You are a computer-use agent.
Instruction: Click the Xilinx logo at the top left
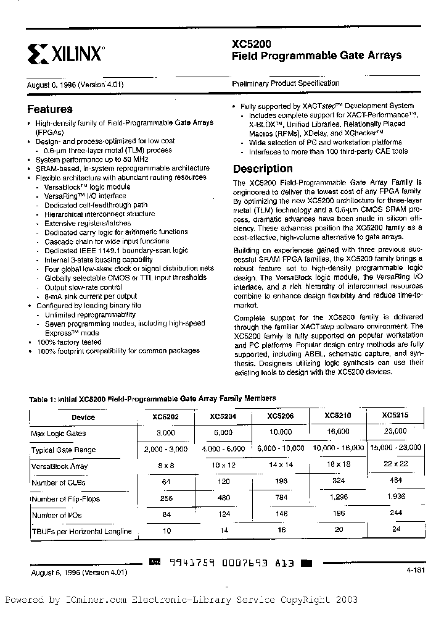click(x=64, y=54)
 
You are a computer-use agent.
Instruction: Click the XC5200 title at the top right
click(x=251, y=44)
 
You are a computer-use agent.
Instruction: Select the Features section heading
click(x=50, y=109)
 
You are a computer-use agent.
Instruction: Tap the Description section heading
click(x=263, y=169)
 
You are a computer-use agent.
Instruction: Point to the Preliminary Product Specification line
click(x=286, y=83)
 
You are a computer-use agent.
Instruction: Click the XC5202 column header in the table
click(x=165, y=417)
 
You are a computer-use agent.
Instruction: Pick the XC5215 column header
click(x=395, y=416)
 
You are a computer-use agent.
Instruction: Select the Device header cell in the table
click(x=83, y=417)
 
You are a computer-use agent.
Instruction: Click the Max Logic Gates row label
click(x=59, y=434)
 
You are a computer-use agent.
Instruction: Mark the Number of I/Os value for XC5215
click(x=395, y=513)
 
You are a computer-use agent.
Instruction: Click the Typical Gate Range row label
click(x=64, y=450)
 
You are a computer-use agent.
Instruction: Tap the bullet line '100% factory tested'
click(x=69, y=342)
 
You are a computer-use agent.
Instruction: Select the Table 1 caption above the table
click(x=152, y=398)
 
